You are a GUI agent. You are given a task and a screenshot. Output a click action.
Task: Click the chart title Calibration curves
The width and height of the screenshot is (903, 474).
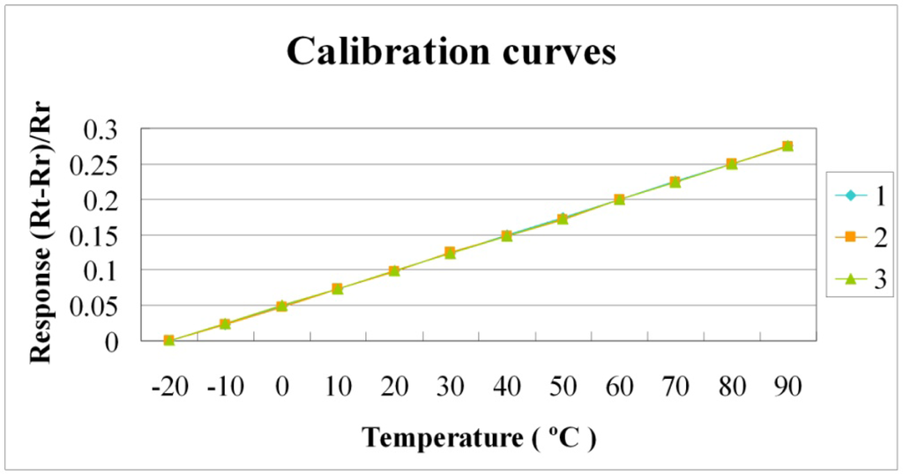451,52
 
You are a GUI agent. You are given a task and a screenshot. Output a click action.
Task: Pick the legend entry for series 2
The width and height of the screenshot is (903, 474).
862,237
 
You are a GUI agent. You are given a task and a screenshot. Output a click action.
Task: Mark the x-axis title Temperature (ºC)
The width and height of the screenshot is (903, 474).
479,437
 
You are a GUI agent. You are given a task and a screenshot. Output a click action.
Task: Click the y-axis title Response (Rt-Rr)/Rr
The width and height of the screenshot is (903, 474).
39,235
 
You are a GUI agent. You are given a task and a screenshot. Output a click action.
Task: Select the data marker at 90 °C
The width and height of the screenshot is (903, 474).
787,146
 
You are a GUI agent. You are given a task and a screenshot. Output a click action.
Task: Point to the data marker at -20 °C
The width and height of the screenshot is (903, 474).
168,340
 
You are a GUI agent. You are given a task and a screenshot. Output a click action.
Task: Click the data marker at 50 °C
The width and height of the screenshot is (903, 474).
563,218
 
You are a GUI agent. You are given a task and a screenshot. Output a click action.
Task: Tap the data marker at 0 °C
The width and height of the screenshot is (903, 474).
281,306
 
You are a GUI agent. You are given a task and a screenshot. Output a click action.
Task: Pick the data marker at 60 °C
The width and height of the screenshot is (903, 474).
619,199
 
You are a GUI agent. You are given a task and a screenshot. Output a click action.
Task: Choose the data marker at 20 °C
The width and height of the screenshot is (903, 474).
394,270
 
